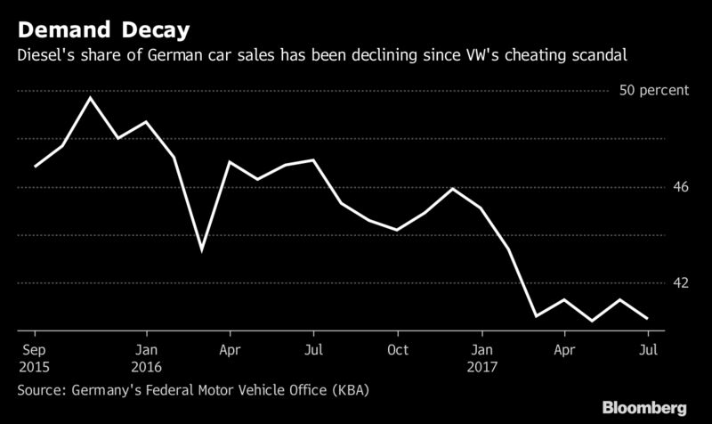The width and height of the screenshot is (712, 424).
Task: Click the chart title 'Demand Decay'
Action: pos(103,30)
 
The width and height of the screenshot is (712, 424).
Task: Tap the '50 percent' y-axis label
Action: pos(654,91)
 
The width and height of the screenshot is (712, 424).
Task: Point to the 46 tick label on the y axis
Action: pos(680,187)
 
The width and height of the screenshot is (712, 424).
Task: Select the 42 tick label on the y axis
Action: pos(680,282)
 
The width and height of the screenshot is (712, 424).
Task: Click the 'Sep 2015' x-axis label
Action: pos(34,358)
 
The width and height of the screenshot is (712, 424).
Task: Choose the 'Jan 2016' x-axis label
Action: pos(146,358)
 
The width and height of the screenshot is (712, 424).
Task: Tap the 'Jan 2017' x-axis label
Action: pos(481,358)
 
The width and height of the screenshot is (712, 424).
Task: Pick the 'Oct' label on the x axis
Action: pos(398,350)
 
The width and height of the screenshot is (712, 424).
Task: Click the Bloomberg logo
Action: pos(644,408)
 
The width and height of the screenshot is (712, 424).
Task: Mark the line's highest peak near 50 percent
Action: pos(91,98)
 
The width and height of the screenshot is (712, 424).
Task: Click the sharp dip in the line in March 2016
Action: pos(202,250)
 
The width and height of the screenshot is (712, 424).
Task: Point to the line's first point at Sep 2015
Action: pos(35,167)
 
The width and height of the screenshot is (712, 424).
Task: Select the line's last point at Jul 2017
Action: pos(648,318)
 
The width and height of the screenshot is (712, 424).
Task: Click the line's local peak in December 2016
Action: pos(453,189)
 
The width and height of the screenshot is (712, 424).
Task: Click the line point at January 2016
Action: pos(146,122)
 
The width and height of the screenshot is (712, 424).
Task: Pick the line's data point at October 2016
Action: pos(397,231)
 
